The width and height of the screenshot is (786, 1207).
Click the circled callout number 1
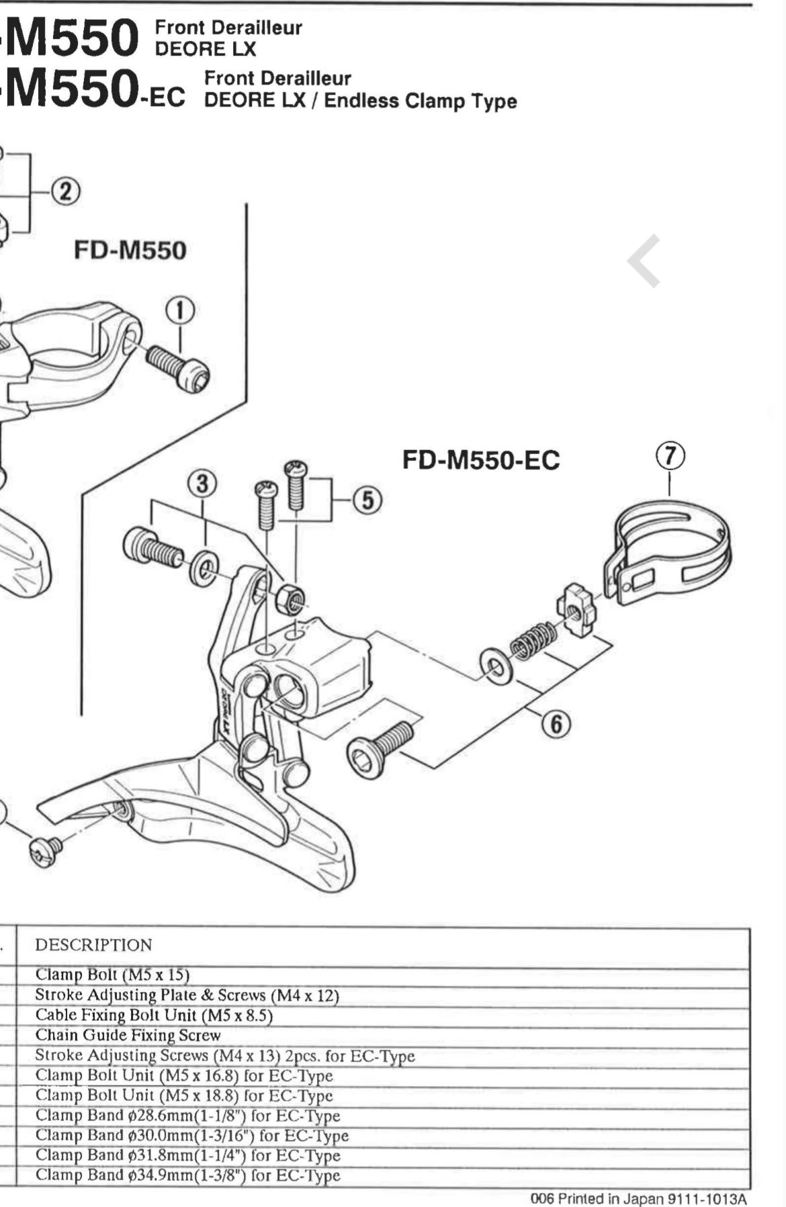pos(180,311)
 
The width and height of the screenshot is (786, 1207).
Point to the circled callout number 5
pos(367,500)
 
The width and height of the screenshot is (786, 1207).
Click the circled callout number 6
pos(556,724)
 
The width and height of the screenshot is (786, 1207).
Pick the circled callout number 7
pos(670,456)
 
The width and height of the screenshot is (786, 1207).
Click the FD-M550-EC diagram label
pos(481,460)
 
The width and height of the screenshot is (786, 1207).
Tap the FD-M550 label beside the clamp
pos(130,251)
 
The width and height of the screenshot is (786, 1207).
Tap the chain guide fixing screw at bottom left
pos(46,851)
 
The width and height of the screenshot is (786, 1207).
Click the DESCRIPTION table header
pos(93,945)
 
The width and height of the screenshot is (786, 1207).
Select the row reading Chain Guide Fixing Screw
pos(128,1035)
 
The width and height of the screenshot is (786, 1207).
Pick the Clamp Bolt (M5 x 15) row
pos(112,975)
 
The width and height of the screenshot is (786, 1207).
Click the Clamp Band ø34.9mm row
pos(187,1175)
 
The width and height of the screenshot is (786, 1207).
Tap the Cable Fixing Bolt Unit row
pos(154,1015)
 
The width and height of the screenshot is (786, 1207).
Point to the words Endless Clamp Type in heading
pos(421,101)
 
